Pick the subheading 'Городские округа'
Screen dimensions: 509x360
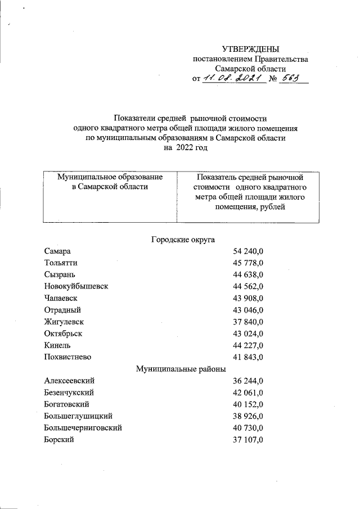pos(183,240)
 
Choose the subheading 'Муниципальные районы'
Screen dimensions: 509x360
pos(181,369)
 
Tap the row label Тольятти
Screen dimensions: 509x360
pos(61,263)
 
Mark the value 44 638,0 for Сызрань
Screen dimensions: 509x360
pos(248,274)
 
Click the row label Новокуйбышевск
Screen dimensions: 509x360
pos(76,286)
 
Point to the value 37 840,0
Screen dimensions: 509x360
pos(248,322)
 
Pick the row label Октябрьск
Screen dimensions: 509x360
pos(64,334)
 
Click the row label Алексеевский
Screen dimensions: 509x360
pos(68,381)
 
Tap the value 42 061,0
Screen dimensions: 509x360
pos(248,393)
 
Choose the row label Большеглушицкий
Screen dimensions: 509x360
pos(78,416)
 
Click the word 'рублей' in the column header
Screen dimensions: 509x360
pos(273,208)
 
